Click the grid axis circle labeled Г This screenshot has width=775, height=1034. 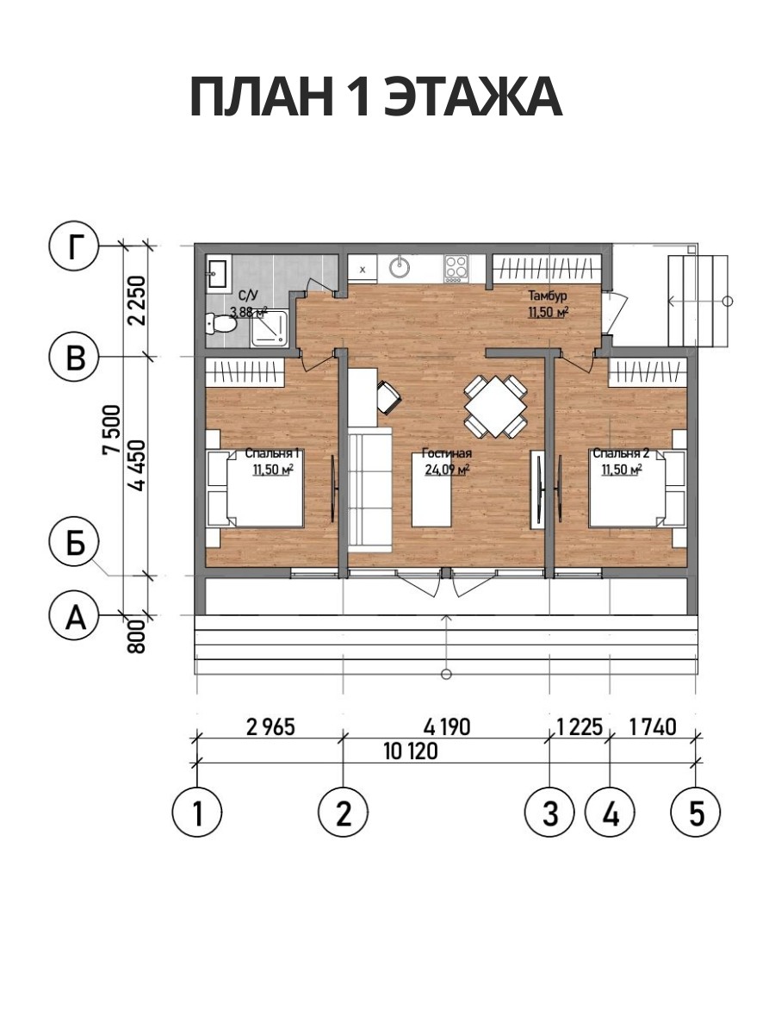[x=73, y=246]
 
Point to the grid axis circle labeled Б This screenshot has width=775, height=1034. [x=73, y=542]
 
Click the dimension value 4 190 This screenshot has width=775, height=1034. [x=447, y=728]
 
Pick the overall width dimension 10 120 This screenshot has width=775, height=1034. [x=411, y=752]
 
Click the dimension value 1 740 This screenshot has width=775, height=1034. [x=653, y=728]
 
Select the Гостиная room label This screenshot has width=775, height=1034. [x=447, y=453]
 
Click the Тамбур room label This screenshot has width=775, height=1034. [x=548, y=296]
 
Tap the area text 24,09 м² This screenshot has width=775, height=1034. [x=448, y=470]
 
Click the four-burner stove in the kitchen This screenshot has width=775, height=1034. [x=456, y=268]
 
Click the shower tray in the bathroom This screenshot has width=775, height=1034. [x=270, y=328]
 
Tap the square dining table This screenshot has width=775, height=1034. [x=495, y=406]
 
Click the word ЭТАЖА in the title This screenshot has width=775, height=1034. [x=473, y=97]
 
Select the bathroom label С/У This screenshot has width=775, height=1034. [x=249, y=296]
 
